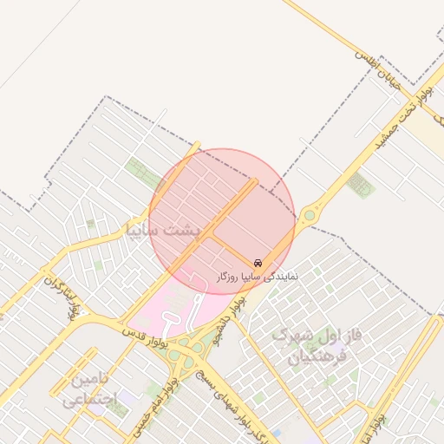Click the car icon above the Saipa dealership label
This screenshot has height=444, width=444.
point(258,262)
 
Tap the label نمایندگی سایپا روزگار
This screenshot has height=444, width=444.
point(257,275)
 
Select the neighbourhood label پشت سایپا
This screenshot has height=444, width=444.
point(162,229)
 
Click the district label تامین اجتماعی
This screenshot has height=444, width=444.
point(84,389)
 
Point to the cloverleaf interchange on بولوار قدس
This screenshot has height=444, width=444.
point(186,351)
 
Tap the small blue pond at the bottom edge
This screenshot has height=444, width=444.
point(276,433)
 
